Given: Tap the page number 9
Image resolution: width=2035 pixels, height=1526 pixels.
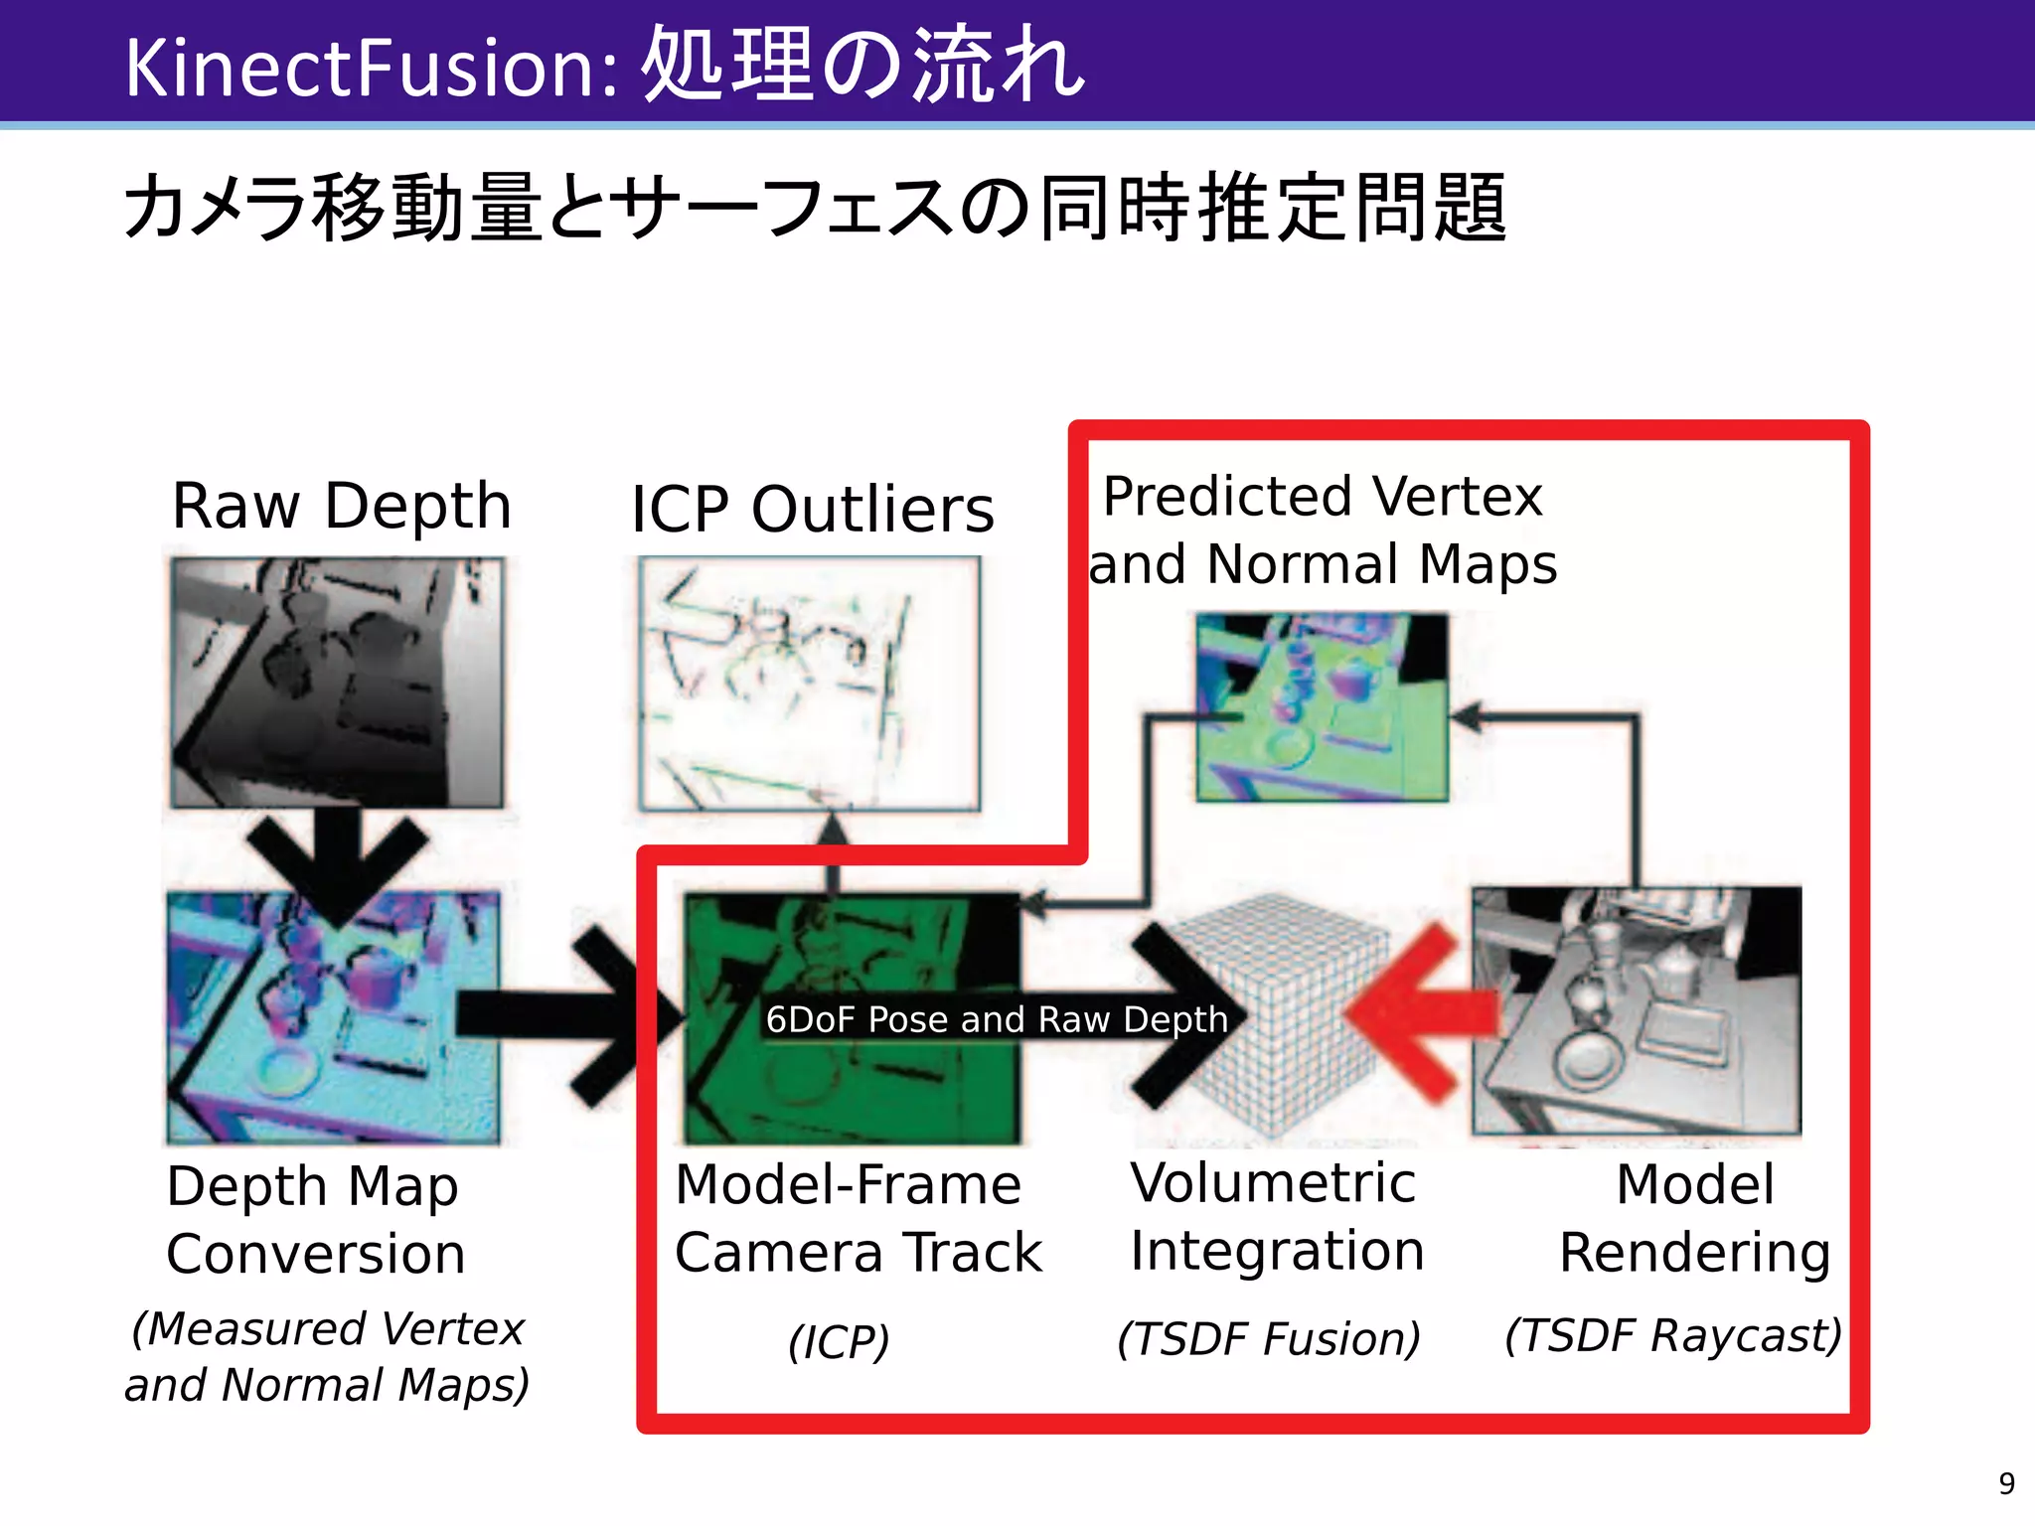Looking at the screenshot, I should click(2006, 1483).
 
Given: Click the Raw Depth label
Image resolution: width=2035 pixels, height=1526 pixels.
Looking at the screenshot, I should click(341, 506).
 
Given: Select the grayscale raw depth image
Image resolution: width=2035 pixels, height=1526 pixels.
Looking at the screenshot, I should click(337, 682).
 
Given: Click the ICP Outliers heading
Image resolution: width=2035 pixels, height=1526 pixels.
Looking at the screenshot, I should click(812, 509).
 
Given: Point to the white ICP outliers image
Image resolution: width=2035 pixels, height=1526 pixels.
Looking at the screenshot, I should click(809, 684).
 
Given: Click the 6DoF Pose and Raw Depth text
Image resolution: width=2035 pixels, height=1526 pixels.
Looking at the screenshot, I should click(997, 1019).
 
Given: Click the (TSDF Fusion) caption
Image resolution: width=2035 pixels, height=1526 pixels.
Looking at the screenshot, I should click(1269, 1338).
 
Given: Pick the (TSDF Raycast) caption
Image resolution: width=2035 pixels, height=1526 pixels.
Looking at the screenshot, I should click(1673, 1334).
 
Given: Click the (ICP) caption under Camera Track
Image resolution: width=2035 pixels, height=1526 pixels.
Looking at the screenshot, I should click(839, 1342).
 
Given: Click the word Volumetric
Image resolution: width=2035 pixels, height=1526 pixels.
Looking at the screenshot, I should click(1273, 1182).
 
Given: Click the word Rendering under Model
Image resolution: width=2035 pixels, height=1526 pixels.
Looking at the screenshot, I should click(1694, 1252).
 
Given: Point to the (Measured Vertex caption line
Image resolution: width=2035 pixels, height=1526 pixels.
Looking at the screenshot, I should click(328, 1329).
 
